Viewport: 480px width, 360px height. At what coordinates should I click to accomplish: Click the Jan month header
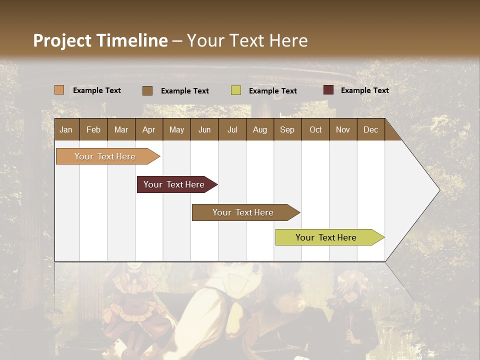tap(66, 129)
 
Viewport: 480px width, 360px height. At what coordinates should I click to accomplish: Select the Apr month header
tap(148, 129)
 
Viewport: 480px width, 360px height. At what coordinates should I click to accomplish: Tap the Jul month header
tap(232, 129)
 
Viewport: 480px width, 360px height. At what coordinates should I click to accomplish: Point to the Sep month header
tap(287, 129)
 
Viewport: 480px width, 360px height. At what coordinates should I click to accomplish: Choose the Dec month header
tap(370, 129)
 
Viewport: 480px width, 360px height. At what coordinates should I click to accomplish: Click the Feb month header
tap(93, 129)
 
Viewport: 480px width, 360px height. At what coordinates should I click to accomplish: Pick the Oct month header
tap(315, 129)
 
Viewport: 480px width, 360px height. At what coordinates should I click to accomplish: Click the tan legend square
tap(59, 90)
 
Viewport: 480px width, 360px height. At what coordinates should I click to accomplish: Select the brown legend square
tap(147, 90)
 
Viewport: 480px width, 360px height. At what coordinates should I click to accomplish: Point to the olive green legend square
tap(236, 90)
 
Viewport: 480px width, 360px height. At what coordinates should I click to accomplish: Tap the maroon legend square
tap(328, 90)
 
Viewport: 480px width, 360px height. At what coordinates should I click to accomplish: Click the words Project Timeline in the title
tap(100, 40)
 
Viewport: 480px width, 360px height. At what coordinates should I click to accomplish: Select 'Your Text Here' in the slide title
tap(247, 40)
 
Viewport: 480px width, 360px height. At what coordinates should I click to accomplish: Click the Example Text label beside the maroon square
tap(364, 90)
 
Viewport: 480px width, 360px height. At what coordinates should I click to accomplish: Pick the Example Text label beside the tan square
tap(97, 90)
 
